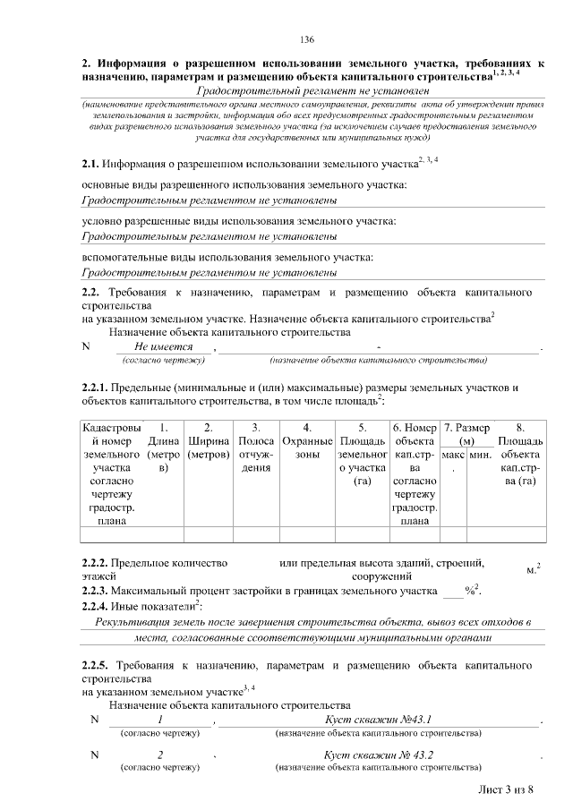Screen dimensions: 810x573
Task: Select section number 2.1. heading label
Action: [x=90, y=165]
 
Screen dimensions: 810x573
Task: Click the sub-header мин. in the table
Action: [x=481, y=456]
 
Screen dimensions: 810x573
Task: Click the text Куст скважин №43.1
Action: [x=378, y=720]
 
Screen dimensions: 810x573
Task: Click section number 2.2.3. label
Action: [x=94, y=592]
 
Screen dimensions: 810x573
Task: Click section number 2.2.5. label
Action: [x=94, y=666]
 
